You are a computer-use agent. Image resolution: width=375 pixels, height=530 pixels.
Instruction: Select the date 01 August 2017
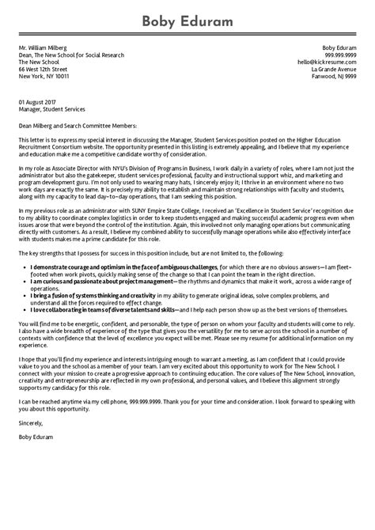(38, 102)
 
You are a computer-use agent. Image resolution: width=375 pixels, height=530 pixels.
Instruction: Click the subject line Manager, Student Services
(51, 109)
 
